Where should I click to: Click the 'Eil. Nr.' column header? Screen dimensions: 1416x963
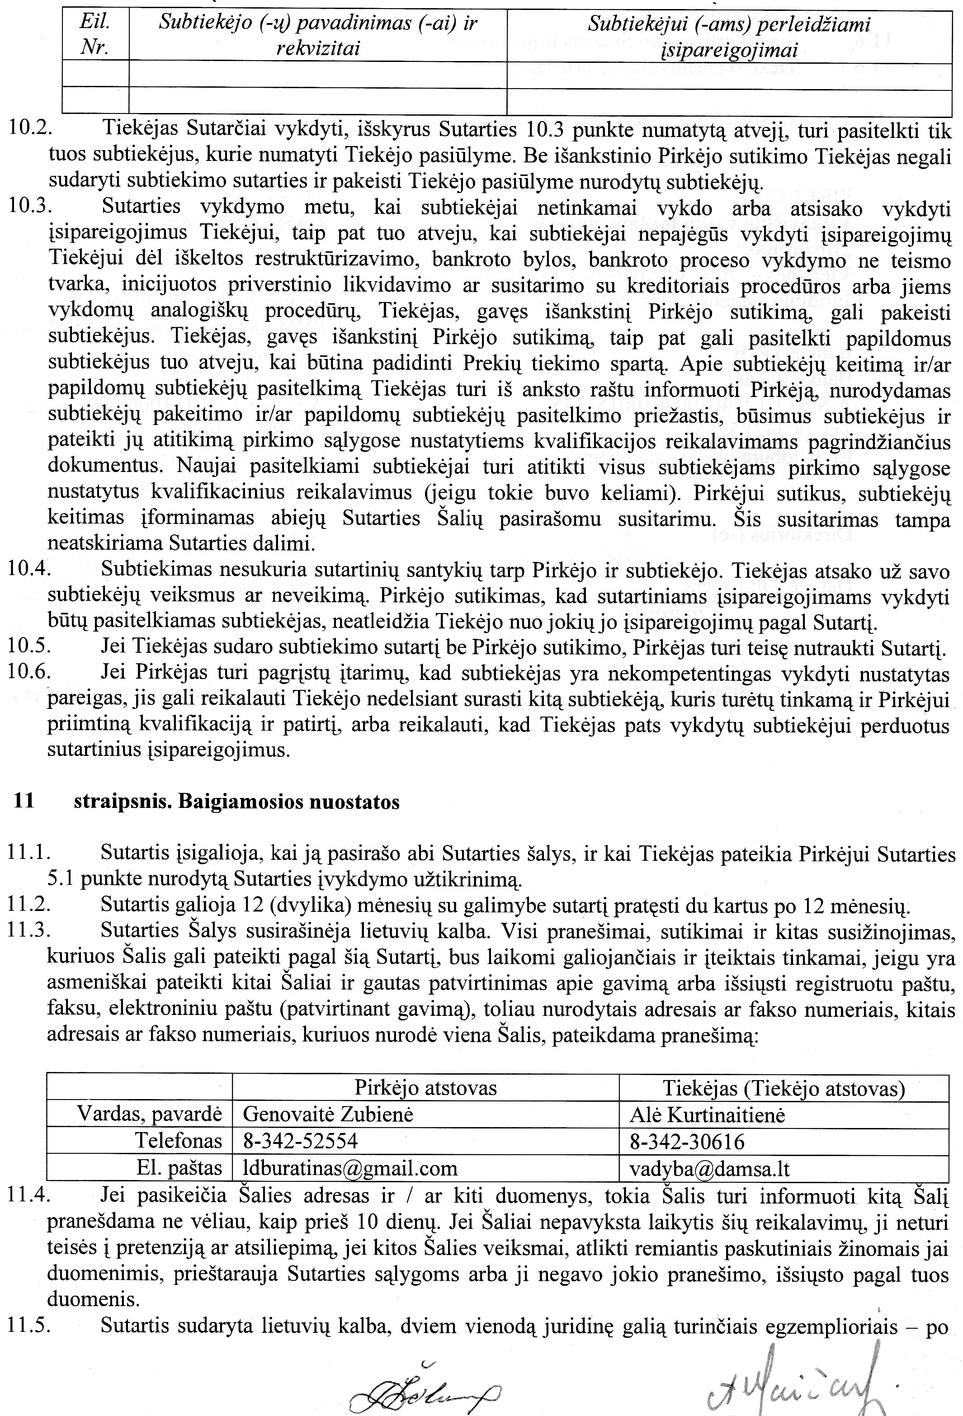(x=95, y=35)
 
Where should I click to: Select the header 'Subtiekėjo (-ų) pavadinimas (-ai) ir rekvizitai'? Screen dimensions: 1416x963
(x=317, y=35)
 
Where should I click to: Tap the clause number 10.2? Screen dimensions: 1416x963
(x=29, y=130)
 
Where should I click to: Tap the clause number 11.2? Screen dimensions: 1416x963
(x=29, y=907)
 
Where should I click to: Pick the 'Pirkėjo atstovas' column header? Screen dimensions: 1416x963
(x=425, y=1088)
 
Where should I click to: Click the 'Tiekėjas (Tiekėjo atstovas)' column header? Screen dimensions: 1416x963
(x=784, y=1088)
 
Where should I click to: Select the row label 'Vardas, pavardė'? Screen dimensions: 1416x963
(x=149, y=1114)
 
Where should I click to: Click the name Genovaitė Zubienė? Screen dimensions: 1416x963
(x=328, y=1114)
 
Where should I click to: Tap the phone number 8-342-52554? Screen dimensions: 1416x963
(x=300, y=1141)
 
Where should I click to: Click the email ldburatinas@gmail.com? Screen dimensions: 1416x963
(x=350, y=1168)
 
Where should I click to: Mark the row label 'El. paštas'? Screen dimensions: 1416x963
(x=179, y=1168)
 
